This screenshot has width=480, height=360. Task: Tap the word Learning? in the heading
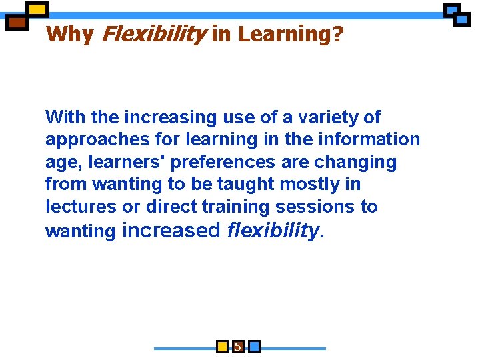[x=290, y=34]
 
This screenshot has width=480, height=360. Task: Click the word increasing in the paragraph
[x=161, y=117]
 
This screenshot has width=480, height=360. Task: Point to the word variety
[x=324, y=117]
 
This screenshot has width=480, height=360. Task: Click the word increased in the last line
[x=171, y=231]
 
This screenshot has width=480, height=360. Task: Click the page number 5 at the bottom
[x=238, y=347]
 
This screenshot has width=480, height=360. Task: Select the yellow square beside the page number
[x=223, y=347]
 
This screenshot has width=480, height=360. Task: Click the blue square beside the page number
[x=254, y=347]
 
